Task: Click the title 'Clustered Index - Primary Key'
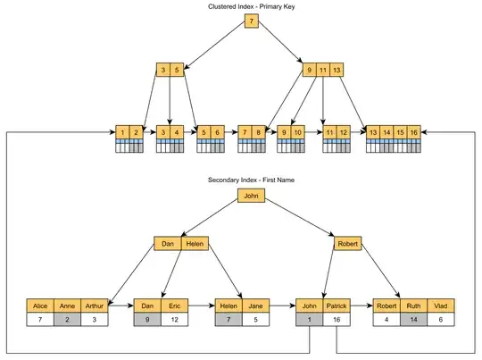[x=253, y=6]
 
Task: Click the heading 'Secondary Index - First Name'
[x=252, y=180]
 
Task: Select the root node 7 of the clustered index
[x=252, y=20]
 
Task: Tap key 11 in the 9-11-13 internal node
[x=323, y=70]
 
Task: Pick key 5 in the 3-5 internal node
[x=177, y=70]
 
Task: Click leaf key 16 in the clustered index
[x=414, y=132]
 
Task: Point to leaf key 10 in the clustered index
[x=297, y=132]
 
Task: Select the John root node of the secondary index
[x=252, y=195]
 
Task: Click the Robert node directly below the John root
[x=346, y=243]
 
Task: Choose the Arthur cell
[x=94, y=306]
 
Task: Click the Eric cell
[x=173, y=306]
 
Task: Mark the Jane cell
[x=253, y=306]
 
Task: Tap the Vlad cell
[x=438, y=306]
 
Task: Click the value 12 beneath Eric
[x=173, y=319]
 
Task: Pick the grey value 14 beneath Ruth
[x=412, y=319]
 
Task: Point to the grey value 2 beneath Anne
[x=68, y=319]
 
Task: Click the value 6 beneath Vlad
[x=438, y=319]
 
